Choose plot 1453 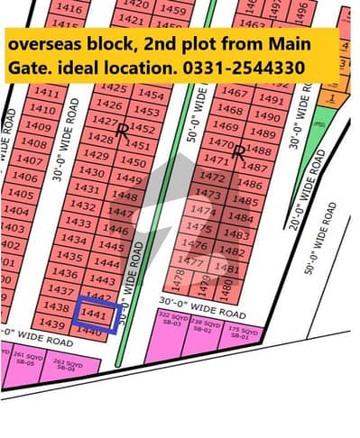click(x=146, y=111)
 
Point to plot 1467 click(x=234, y=93)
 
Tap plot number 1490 click(x=267, y=116)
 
